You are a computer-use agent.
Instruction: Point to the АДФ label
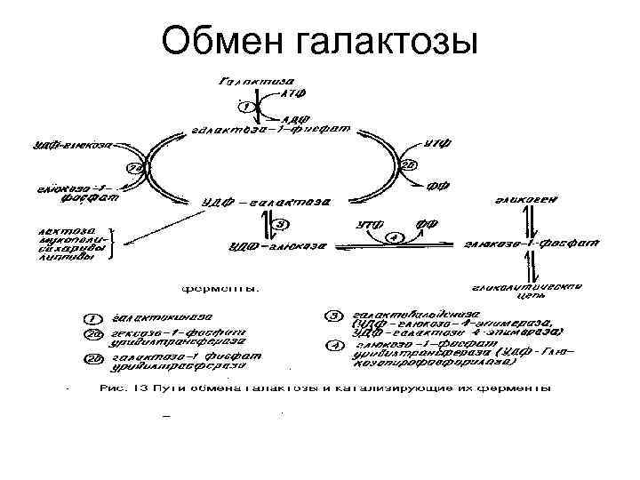[x=293, y=118]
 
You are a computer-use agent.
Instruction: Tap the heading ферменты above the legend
[x=221, y=288]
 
